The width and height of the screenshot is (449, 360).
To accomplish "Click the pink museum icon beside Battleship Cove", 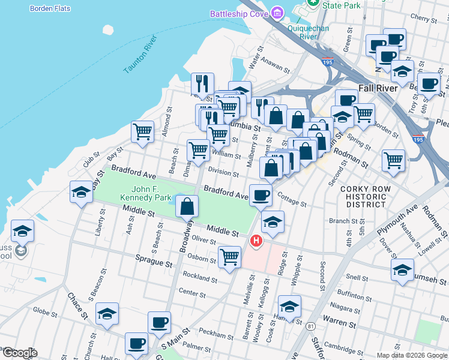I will tap(276, 13).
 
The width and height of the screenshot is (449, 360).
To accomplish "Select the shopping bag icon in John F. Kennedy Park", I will tap(187, 207).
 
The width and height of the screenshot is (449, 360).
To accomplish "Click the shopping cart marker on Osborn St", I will tap(230, 257).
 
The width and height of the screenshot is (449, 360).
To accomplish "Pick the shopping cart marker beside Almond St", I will tap(143, 131).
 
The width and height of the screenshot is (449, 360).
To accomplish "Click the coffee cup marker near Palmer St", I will tap(136, 343).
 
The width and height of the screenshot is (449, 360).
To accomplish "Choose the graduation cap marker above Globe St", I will tap(107, 313).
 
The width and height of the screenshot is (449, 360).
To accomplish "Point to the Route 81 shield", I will tap(310, 326).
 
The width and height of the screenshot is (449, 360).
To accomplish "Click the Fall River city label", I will tap(378, 88).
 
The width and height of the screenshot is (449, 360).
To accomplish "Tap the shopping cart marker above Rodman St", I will tap(393, 159).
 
